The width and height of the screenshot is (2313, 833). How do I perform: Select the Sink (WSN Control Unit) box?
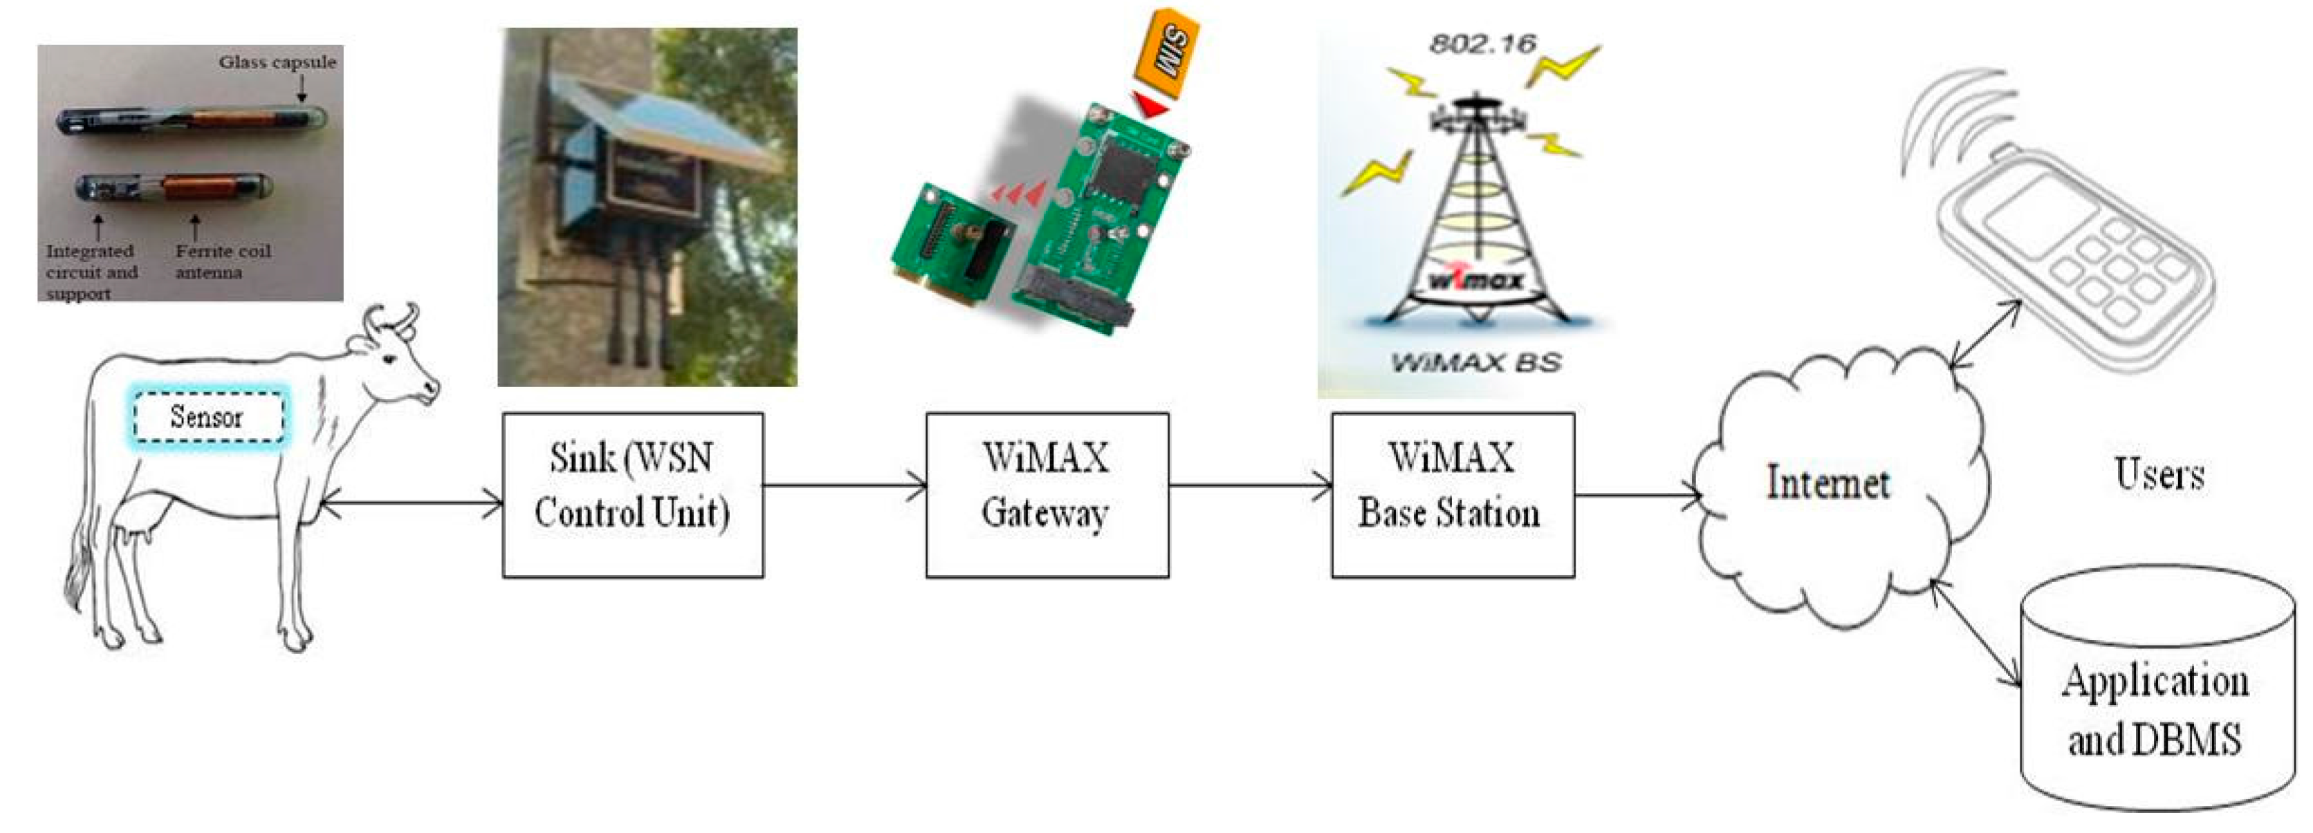pyautogui.click(x=633, y=494)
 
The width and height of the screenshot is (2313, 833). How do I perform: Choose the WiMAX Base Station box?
pyautogui.click(x=1452, y=494)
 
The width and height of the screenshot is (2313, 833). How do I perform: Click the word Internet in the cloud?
pyautogui.click(x=1827, y=483)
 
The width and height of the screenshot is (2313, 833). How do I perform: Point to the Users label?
pyautogui.click(x=2159, y=474)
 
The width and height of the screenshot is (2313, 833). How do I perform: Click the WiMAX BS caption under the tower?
pyautogui.click(x=1475, y=363)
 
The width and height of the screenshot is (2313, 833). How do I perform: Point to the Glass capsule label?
pyautogui.click(x=277, y=63)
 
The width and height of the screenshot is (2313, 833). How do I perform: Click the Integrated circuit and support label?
pyautogui.click(x=91, y=272)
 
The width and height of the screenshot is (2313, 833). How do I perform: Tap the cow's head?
pyautogui.click(x=400, y=359)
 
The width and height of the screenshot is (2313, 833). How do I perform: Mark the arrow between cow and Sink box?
pyautogui.click(x=412, y=503)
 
